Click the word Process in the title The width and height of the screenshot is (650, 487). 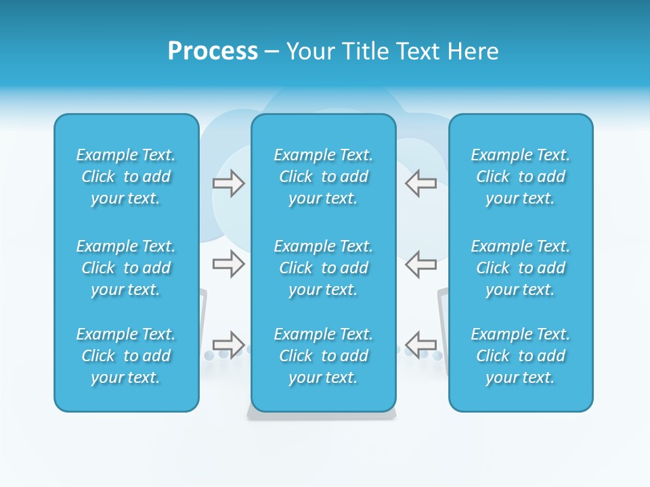tap(213, 51)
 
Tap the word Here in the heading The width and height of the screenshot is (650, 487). tap(473, 51)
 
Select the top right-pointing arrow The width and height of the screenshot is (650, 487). tap(228, 183)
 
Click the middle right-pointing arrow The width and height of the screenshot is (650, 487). tap(228, 263)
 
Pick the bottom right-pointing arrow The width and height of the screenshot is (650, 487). tap(228, 344)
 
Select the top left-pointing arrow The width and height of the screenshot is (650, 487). tap(420, 183)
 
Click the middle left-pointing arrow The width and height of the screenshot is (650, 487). tap(420, 263)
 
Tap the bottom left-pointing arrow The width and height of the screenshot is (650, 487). tap(420, 344)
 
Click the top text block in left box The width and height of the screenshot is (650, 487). tap(126, 177)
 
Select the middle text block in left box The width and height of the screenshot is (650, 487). tap(126, 268)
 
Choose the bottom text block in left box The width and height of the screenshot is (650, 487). tap(126, 356)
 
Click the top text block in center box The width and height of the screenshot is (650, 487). tap(323, 177)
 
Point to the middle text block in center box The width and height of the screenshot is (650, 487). tap(323, 268)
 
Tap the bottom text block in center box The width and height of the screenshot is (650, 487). tap(323, 356)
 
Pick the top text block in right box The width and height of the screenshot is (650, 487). tap(520, 177)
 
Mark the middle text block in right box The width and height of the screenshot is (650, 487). tap(520, 268)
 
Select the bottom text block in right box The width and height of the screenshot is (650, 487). tap(520, 356)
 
